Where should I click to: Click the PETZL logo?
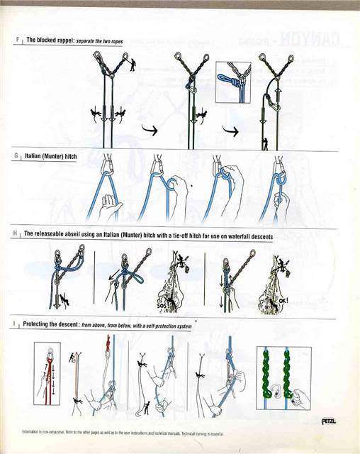tap(329, 421)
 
